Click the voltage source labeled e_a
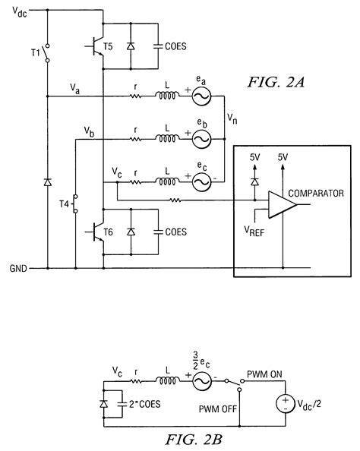tap(201, 97)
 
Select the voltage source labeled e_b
tap(201, 139)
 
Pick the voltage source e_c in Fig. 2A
tap(201, 181)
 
